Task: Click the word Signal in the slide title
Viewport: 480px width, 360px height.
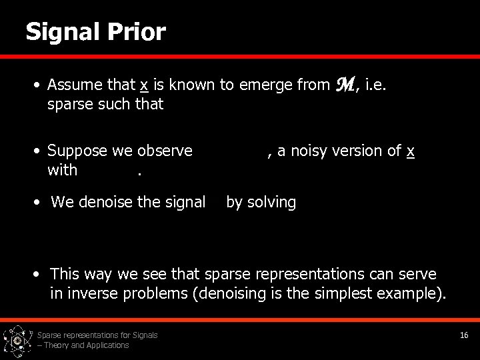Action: point(61,32)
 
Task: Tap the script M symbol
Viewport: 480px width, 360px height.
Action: point(348,84)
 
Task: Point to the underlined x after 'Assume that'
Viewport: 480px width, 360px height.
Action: point(143,85)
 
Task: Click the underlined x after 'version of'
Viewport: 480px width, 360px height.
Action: point(411,151)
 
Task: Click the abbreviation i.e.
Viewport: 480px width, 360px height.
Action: point(381,85)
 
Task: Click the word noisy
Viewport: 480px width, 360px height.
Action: point(309,151)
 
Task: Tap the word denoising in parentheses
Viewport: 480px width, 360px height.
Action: point(227,294)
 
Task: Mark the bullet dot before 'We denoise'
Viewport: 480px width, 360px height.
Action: point(41,202)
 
